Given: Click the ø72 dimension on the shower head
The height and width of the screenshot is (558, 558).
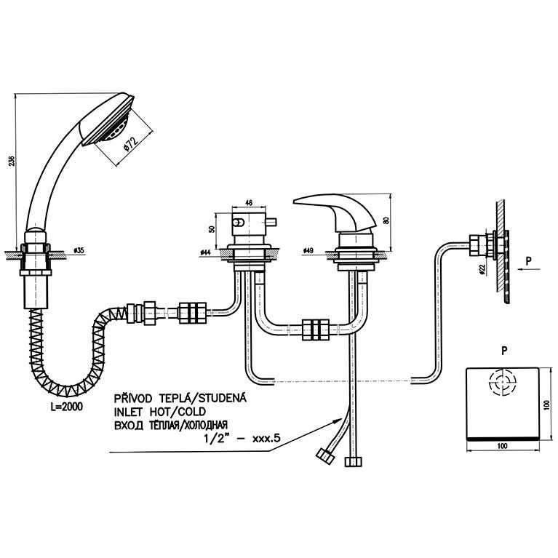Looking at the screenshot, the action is pyautogui.click(x=131, y=143).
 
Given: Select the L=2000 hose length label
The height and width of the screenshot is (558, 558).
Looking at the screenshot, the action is pyautogui.click(x=65, y=407).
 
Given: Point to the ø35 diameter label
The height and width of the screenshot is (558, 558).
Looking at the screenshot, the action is pyautogui.click(x=79, y=250).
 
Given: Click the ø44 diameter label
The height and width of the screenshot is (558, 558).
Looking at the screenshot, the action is pyautogui.click(x=206, y=252).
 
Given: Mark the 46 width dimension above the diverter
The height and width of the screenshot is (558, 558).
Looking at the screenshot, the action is pyautogui.click(x=249, y=203).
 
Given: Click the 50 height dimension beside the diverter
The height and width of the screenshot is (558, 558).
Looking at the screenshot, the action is pyautogui.click(x=212, y=229).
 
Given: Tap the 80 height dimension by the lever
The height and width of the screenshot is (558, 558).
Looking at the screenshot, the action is pyautogui.click(x=386, y=220).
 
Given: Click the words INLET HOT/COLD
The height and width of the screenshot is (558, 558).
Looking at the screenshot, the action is pyautogui.click(x=160, y=412).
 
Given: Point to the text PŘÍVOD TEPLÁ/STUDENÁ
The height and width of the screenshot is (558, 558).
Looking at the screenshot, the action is pyautogui.click(x=180, y=397).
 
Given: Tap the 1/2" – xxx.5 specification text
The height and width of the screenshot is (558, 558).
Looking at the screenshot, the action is pyautogui.click(x=242, y=438).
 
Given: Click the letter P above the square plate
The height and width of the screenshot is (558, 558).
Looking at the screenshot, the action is pyautogui.click(x=504, y=351).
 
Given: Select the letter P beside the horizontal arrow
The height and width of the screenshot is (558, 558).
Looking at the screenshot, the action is pyautogui.click(x=528, y=261).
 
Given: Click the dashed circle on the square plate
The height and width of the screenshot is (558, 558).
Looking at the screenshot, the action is pyautogui.click(x=503, y=383).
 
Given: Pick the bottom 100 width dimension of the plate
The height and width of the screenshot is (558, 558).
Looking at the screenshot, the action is pyautogui.click(x=503, y=445).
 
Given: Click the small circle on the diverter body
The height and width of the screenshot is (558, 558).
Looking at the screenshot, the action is pyautogui.click(x=239, y=223).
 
